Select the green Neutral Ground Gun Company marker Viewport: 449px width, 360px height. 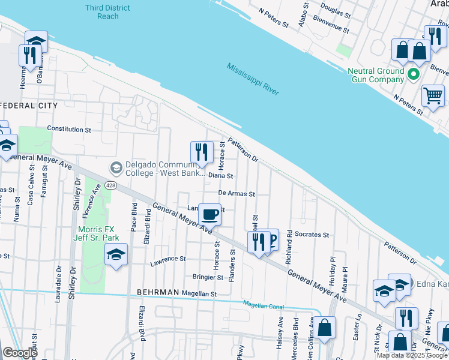413,75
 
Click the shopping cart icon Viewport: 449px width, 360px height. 433,95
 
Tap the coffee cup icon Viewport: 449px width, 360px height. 209,214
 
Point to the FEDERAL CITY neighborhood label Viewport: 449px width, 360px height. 29,106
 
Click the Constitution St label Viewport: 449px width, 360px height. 69,129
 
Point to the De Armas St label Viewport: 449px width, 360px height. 237,194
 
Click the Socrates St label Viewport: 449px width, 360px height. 312,235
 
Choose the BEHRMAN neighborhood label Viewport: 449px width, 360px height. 158,292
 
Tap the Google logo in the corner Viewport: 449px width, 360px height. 20,353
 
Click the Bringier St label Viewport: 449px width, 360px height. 208,277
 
